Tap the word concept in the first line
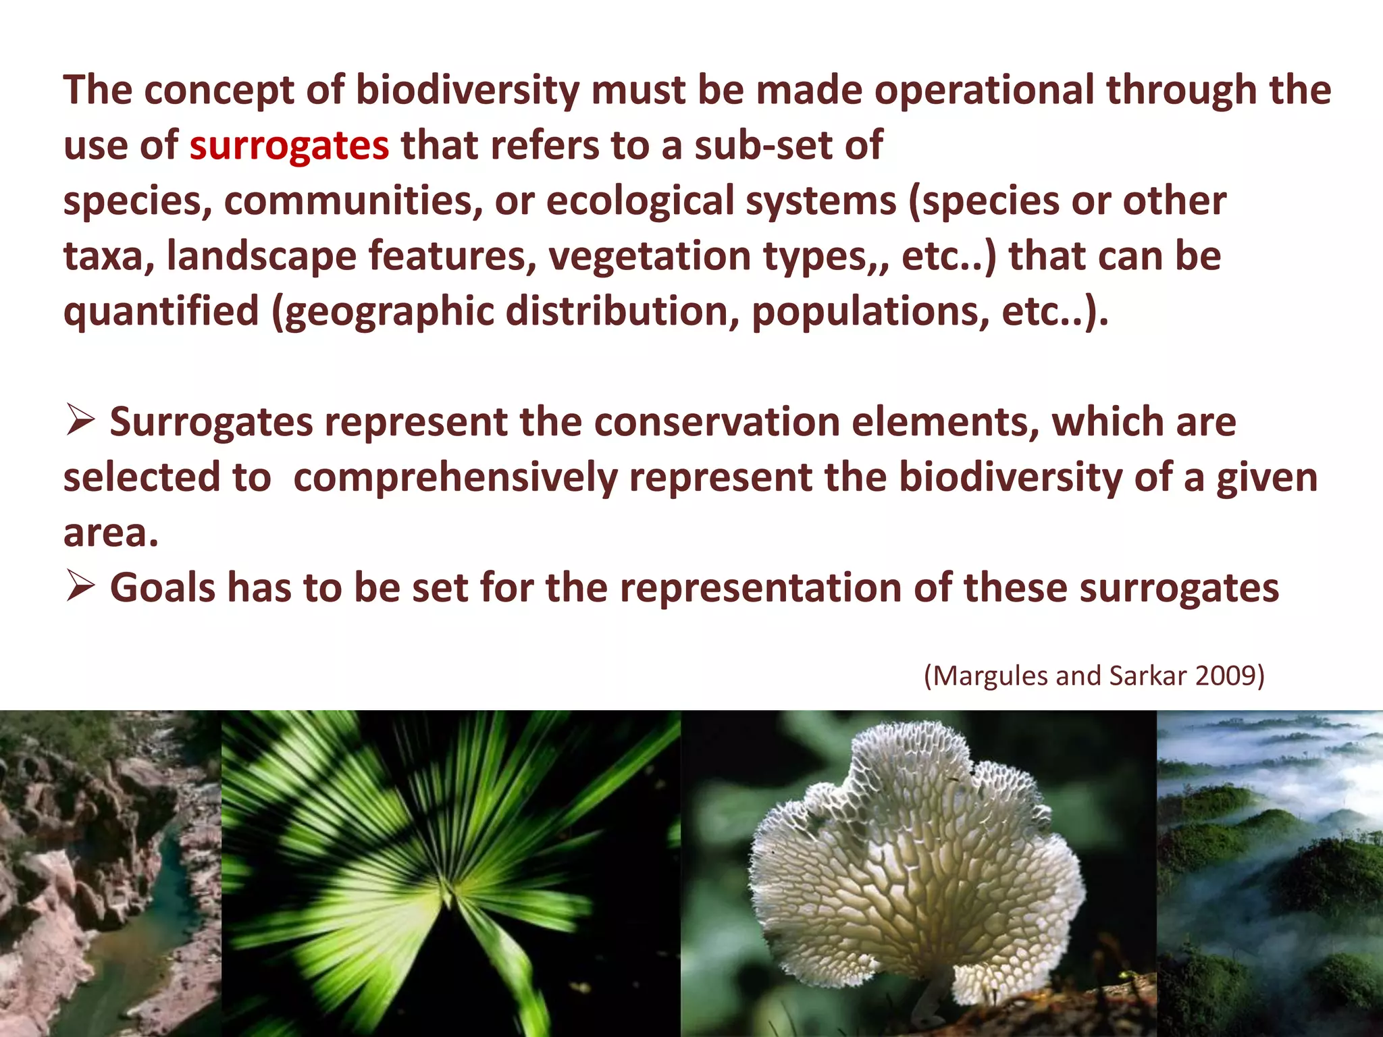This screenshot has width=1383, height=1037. click(x=219, y=90)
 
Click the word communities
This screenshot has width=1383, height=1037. click(x=353, y=201)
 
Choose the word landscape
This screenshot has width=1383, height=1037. click(x=261, y=257)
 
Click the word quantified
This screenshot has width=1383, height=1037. click(x=161, y=312)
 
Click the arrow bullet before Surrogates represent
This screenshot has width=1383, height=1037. click(x=80, y=421)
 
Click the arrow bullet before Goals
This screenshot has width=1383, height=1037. click(x=80, y=587)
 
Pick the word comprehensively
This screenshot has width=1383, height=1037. click(x=455, y=478)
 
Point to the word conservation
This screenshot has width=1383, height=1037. click(x=716, y=423)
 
